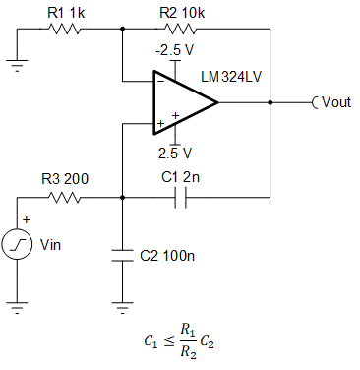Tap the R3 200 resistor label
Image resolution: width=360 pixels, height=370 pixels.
(x=66, y=179)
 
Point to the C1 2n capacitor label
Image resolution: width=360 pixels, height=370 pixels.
(x=181, y=178)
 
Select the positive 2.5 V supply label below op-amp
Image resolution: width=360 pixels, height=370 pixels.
(x=173, y=153)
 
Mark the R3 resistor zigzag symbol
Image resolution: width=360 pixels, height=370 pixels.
(x=66, y=197)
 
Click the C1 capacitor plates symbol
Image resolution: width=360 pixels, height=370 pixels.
(x=180, y=197)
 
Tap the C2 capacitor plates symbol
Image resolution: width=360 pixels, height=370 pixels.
(x=122, y=255)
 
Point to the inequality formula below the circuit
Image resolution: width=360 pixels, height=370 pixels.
(x=181, y=341)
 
